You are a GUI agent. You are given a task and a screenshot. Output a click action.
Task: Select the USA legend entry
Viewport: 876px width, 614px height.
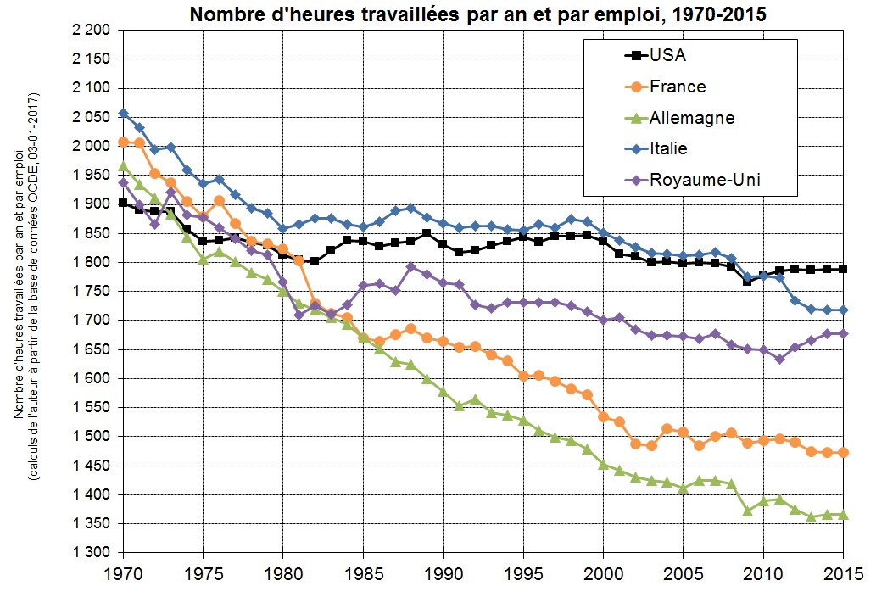(667, 56)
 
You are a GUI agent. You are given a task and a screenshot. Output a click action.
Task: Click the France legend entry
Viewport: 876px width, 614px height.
(678, 87)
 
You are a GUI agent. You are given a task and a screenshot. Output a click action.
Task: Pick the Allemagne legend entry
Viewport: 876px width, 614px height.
(691, 118)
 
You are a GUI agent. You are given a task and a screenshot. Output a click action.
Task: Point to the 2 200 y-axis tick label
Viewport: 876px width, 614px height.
(90, 31)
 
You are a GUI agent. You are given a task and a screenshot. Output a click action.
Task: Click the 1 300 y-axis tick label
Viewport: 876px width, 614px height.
(90, 553)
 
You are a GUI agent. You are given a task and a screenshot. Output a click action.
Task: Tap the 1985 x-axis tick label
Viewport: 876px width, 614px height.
(364, 572)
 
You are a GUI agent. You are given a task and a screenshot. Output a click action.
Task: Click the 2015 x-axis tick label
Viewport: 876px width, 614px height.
(844, 572)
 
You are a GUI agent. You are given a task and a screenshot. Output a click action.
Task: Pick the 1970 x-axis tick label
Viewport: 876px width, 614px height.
(124, 572)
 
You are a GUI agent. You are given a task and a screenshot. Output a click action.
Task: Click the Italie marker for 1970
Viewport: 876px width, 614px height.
(124, 113)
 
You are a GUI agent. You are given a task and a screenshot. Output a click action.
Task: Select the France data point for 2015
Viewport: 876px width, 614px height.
(844, 453)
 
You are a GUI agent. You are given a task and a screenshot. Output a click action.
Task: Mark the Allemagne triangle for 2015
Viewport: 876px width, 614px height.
(844, 515)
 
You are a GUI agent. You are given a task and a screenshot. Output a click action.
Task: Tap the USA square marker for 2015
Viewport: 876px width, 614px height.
(844, 269)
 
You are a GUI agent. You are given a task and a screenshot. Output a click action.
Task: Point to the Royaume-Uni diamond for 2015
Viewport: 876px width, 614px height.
(844, 333)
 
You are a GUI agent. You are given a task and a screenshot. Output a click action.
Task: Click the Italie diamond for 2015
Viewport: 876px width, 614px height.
(844, 310)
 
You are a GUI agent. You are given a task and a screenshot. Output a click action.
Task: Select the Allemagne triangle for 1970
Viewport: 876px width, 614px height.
(124, 166)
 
